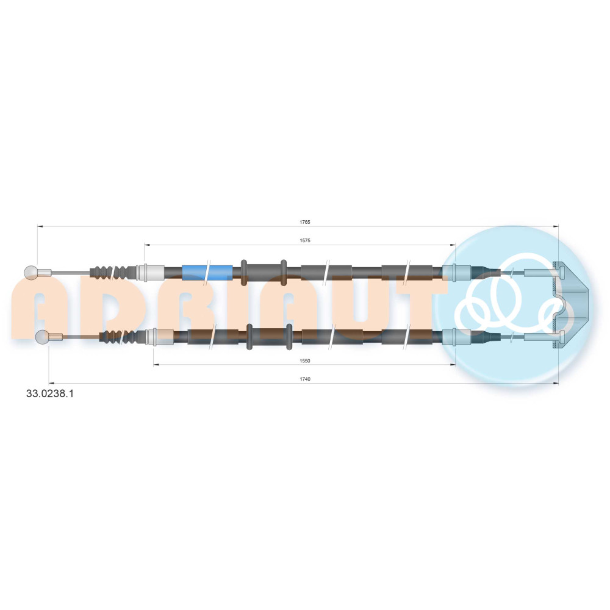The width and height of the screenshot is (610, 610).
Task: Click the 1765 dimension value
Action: tap(304, 222)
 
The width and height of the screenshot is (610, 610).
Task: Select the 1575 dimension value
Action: tap(304, 240)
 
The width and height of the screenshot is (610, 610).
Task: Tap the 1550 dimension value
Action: tap(304, 361)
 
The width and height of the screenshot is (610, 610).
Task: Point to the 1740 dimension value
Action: tap(304, 379)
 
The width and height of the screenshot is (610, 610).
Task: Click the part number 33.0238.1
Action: tap(50, 393)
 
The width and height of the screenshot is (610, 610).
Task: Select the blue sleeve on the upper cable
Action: tap(207, 272)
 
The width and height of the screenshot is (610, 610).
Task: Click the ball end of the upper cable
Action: tap(30, 272)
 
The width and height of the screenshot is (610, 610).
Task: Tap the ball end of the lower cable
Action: tap(41, 337)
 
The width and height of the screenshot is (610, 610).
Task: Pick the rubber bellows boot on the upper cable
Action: tap(113, 272)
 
